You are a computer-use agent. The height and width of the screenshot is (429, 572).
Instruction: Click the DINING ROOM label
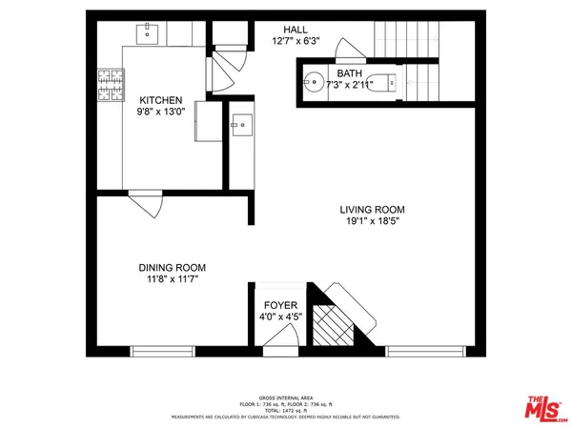pyautogui.click(x=174, y=269)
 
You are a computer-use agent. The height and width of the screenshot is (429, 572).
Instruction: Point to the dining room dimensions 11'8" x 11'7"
pyautogui.click(x=174, y=281)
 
